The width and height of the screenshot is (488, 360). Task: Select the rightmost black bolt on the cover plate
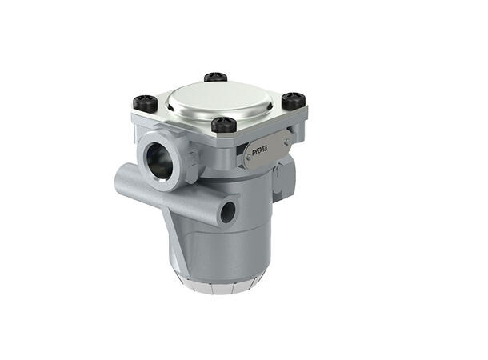[x=294, y=100]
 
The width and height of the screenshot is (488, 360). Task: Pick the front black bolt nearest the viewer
[x=224, y=124]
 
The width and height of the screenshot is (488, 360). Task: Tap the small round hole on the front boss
[x=228, y=212]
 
